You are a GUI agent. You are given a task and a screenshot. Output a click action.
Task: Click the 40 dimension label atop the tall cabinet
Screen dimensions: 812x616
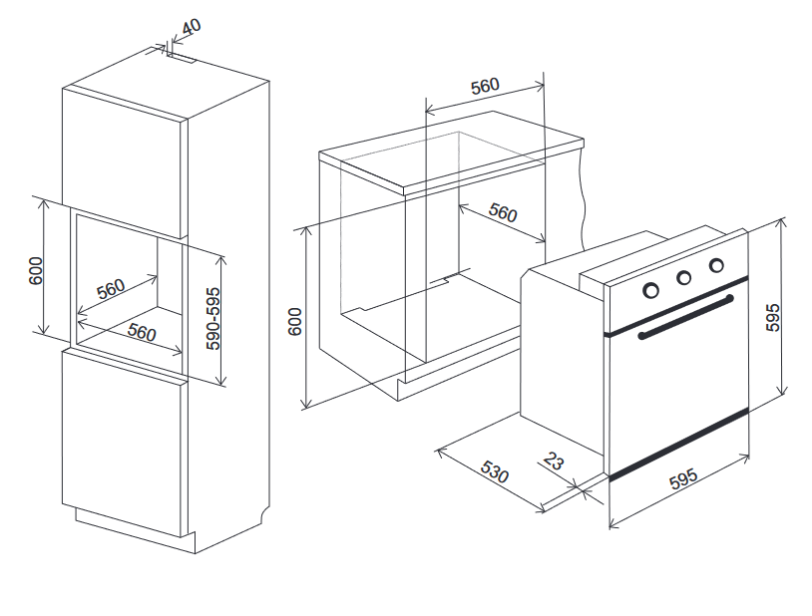[x=192, y=26]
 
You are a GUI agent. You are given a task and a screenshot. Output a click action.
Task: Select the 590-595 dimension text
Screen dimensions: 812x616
[x=212, y=319]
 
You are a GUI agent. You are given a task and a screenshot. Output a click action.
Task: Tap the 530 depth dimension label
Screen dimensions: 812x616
[x=495, y=471]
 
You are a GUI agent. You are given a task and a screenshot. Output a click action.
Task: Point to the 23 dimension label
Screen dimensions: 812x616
[x=553, y=461]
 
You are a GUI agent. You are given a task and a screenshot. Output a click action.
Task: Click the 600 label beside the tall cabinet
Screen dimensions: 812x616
[x=36, y=270]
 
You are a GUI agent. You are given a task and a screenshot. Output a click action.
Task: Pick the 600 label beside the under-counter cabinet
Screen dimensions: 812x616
[x=294, y=322]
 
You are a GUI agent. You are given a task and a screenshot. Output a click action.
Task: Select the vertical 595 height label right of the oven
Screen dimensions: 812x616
[x=772, y=317]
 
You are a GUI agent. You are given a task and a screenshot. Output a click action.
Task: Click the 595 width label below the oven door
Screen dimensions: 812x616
[x=683, y=478]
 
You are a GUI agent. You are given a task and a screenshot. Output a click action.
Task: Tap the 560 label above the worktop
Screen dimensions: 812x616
[x=485, y=86]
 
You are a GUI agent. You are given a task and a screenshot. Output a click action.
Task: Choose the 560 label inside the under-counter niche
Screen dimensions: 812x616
[x=503, y=212]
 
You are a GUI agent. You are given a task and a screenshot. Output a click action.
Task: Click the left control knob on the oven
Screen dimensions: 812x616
[x=651, y=290]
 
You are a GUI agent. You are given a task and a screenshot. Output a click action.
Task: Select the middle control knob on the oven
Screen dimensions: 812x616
[x=684, y=278]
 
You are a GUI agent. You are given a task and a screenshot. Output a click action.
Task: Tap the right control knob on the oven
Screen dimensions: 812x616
[x=716, y=265]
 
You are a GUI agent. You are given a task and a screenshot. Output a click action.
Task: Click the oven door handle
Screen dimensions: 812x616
[x=686, y=317]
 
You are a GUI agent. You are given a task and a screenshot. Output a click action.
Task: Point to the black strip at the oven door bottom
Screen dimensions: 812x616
[x=679, y=444]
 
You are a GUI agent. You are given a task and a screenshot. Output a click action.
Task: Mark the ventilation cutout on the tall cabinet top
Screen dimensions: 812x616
[x=182, y=58]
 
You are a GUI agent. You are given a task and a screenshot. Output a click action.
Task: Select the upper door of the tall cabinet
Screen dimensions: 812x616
[x=125, y=163]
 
